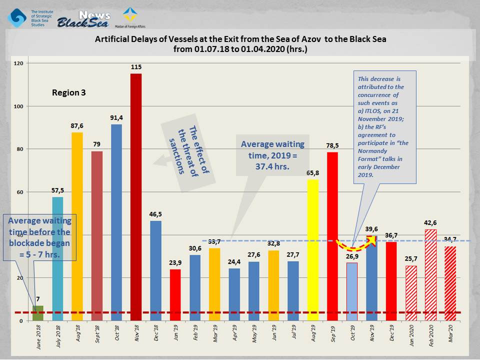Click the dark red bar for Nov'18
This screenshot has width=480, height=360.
136,197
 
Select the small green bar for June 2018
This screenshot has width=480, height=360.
38,313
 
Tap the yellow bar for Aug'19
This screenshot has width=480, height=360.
313,250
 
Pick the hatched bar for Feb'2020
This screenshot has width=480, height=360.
430,275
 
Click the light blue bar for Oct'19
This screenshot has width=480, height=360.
352,291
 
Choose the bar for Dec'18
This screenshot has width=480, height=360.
155,271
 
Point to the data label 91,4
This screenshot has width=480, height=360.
116,118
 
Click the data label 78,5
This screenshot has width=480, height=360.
332,145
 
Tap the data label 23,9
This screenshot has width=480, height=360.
175,262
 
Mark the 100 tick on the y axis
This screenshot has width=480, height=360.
18,106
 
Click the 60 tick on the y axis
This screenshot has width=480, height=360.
20,192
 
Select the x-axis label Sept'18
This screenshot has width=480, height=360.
97,334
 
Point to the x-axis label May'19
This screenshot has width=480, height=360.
254,333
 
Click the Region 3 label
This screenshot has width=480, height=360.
69,92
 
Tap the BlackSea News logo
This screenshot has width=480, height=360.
83,19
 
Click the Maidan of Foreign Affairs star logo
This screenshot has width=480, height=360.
130,14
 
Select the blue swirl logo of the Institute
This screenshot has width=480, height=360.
17,18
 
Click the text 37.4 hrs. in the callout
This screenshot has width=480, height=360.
272,166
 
